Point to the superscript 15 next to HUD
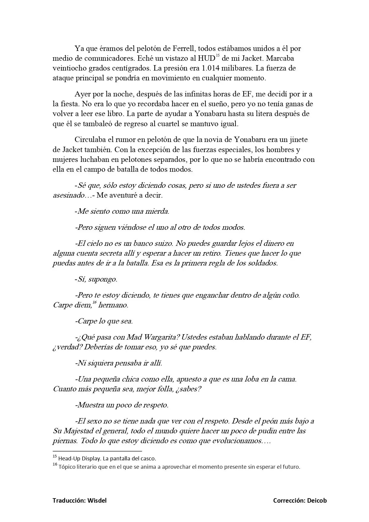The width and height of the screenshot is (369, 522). [217, 56]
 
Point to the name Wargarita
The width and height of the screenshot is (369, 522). [161, 337]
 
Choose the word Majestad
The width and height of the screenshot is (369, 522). [78, 431]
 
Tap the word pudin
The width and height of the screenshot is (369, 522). [270, 431]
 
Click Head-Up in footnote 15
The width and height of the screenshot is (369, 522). [69, 458]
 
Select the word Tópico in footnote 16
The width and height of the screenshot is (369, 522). [67, 467]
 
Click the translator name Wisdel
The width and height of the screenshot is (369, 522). [97, 501]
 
